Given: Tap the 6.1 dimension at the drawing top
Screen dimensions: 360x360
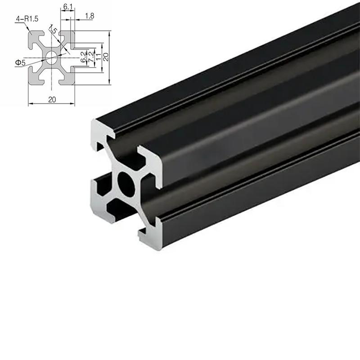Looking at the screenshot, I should point(66,7).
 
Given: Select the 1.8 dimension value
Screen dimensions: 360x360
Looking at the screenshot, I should point(89,16).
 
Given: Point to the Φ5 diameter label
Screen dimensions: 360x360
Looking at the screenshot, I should point(20,63).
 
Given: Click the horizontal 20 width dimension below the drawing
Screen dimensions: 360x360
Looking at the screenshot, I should point(51,99).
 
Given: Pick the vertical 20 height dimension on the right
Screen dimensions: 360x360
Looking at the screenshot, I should point(105,57).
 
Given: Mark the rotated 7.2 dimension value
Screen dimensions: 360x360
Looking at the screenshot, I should point(90,57).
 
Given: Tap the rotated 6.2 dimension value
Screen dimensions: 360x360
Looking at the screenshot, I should point(83,57).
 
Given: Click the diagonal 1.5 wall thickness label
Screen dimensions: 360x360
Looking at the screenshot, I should point(54,31).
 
